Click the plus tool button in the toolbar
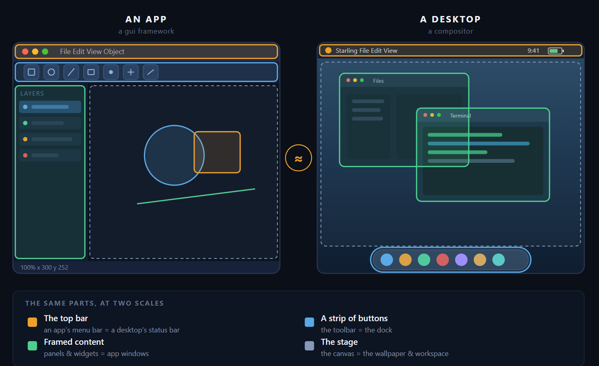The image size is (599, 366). tap(131, 72)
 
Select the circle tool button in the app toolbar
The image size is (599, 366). tap(51, 72)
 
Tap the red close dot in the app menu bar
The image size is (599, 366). tap(25, 51)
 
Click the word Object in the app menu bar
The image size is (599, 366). tap(114, 51)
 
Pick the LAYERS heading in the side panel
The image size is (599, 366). tap(32, 93)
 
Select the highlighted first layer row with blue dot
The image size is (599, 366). tap(50, 107)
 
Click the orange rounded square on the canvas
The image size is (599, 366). tap(217, 152)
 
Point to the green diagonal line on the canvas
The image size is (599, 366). tap(196, 196)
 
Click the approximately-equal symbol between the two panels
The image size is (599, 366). tap(298, 159)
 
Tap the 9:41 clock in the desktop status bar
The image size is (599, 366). tap(533, 50)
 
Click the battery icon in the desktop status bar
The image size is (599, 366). tap(556, 51)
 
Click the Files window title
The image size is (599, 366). tap(378, 81)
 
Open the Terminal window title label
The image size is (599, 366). tap(461, 116)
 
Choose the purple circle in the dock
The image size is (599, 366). tap(461, 260)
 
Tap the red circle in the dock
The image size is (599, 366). tap(443, 260)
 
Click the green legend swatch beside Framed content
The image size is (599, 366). tap(32, 346)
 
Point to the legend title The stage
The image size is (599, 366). tap(339, 342)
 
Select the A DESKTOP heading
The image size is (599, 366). tap(451, 19)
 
